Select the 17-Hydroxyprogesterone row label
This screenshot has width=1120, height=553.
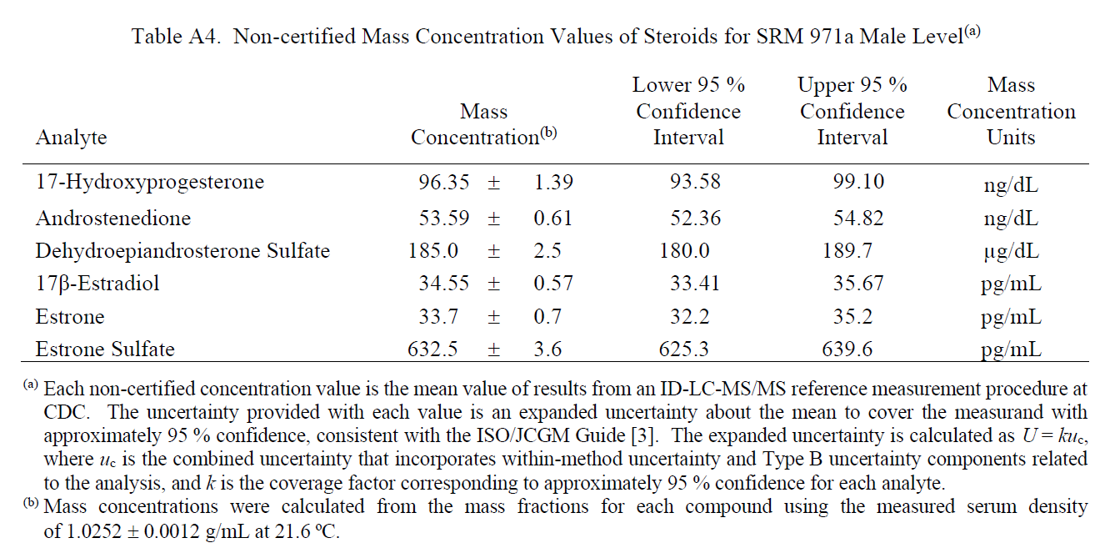(x=149, y=183)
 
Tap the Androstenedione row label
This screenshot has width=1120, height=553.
(x=113, y=219)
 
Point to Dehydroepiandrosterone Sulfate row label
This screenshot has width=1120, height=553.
(x=182, y=251)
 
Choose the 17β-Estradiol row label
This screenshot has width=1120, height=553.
(x=97, y=284)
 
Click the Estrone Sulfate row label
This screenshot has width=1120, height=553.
(x=105, y=349)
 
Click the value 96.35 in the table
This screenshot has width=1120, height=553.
(x=444, y=182)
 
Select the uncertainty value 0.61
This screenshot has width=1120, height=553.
(x=552, y=219)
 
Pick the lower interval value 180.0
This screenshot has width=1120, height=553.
(x=684, y=251)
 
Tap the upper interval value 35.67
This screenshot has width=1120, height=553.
(x=858, y=284)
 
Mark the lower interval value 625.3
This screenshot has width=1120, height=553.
(x=683, y=349)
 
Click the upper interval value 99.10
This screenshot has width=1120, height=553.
(x=858, y=182)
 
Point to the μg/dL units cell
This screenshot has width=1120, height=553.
(x=1011, y=252)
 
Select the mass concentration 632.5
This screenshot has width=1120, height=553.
(x=432, y=349)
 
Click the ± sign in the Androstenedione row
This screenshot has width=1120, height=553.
(x=493, y=219)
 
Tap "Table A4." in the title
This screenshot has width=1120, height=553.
(x=176, y=37)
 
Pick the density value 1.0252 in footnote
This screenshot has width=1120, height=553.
(x=93, y=531)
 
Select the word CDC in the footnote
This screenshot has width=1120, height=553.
(x=66, y=412)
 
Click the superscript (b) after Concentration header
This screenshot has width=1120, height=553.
(x=548, y=133)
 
